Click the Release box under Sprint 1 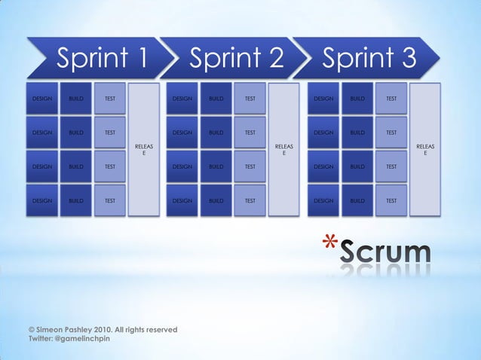144,150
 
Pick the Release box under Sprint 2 284,150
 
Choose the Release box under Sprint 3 425,150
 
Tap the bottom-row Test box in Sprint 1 110,201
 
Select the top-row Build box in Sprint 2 216,99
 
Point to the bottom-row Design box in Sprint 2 182,201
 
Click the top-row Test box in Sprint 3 391,99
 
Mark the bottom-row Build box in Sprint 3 357,201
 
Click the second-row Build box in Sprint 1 76,133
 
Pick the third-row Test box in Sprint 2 250,166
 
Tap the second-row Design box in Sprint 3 323,133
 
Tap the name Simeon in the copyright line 51,330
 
